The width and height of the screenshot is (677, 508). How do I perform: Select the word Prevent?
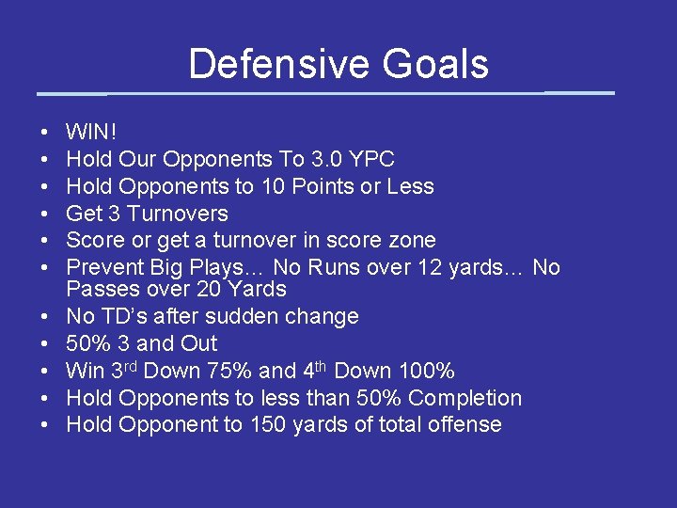click(105, 268)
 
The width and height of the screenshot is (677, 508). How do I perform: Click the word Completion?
click(464, 398)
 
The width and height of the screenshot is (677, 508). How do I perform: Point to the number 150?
click(268, 425)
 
